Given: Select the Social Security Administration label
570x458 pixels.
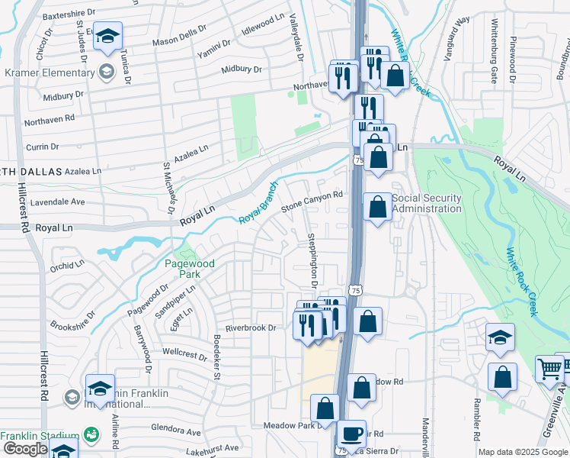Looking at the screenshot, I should coord(427,204).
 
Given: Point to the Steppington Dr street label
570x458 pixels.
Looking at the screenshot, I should coord(312,260).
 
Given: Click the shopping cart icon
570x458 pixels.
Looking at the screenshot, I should coord(549,369).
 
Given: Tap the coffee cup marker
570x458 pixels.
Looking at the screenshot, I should coord(351,434).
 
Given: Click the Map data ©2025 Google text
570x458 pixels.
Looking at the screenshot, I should coord(523,452).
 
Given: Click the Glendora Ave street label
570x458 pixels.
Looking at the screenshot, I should coord(175,431).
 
